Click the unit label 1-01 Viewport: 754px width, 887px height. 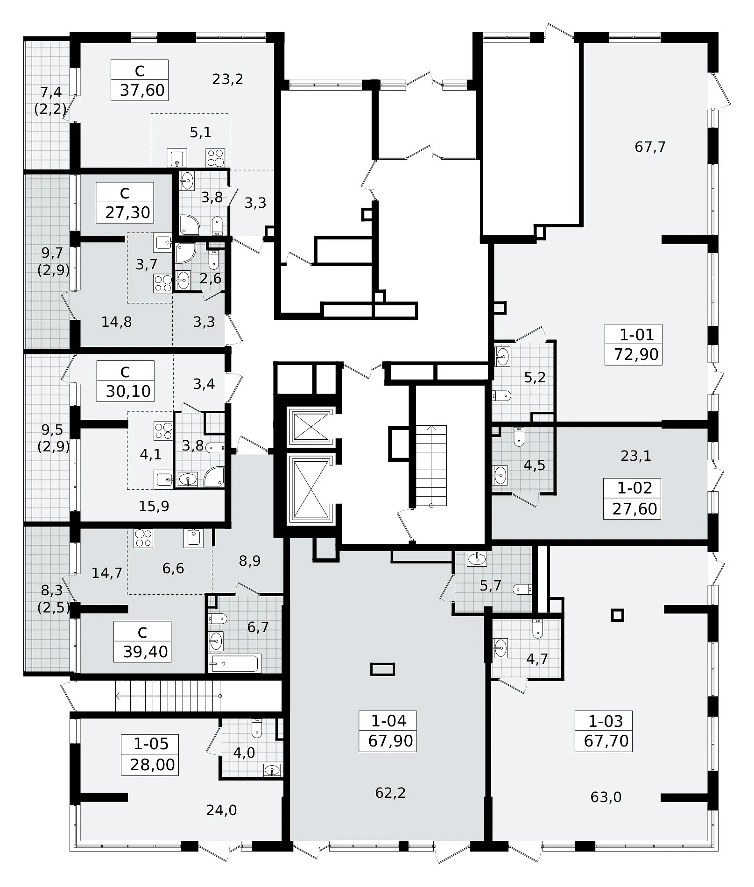(637, 334)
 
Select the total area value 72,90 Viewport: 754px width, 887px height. (636, 354)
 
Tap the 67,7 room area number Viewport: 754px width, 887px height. (650, 147)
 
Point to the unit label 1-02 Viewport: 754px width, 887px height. (634, 488)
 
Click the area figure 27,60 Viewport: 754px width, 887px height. (634, 508)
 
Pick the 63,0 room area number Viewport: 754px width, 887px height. (606, 797)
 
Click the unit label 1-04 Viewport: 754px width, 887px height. (389, 721)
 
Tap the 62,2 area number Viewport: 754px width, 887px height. (390, 793)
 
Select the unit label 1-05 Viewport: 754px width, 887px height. (151, 744)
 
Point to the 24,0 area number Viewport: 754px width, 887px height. (221, 810)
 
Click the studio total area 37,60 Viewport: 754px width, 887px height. (142, 90)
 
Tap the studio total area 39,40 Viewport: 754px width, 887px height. (146, 652)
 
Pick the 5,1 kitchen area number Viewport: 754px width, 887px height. (201, 133)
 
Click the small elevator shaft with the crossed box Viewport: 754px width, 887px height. (310, 427)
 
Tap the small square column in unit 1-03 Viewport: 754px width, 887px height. (618, 615)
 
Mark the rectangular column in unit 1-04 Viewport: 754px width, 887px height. (383, 669)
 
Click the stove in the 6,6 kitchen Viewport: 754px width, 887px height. (144, 538)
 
